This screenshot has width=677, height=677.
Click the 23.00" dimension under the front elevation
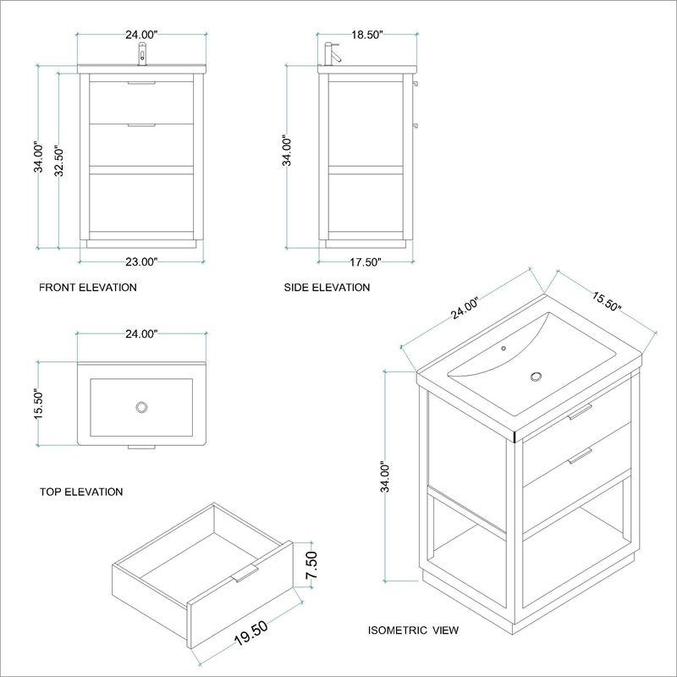coord(141,261)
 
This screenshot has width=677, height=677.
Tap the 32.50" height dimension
coord(59,162)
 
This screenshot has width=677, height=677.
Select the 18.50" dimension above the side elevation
coord(367,35)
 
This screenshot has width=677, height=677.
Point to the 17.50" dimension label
coord(366,262)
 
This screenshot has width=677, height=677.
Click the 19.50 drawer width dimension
coord(251,633)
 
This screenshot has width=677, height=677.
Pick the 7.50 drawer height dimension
coord(311,565)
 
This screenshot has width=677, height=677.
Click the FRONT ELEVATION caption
coord(88,288)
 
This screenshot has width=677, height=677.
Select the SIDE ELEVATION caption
coord(327,288)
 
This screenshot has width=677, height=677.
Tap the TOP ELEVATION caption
coord(81,492)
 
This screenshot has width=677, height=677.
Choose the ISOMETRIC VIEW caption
coord(413,630)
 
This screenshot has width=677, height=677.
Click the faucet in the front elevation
coord(142,54)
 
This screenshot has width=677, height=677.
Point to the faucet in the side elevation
coord(332,54)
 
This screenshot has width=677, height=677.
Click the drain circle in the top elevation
coord(141,407)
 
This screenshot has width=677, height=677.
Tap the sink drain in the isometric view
coord(537,376)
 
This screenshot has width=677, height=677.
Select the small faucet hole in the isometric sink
coord(504,348)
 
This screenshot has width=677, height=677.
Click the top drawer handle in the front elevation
coord(141,83)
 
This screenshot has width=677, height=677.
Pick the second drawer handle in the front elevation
coord(141,125)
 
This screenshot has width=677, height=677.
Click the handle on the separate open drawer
coord(245,574)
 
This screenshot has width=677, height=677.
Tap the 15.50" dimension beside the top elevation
coord(39,404)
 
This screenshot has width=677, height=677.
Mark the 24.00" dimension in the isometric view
coord(465,308)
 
